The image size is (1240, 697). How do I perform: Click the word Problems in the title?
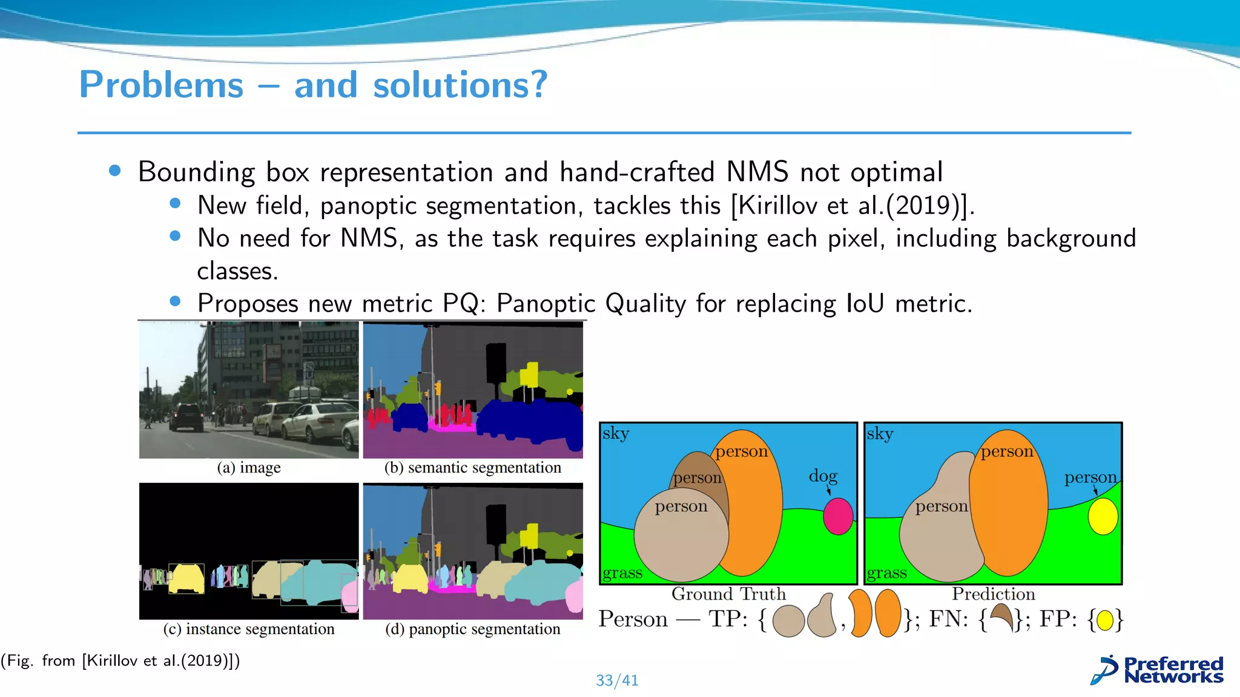161,85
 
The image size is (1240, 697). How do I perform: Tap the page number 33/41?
616,680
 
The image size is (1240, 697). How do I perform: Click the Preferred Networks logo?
1157,670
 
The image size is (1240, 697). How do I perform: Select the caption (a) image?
249,468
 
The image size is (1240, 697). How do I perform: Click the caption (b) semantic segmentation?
472,468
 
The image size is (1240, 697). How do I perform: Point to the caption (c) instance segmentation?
248,629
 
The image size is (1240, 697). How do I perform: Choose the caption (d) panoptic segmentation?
472,629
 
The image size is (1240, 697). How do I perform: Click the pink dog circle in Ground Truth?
838,516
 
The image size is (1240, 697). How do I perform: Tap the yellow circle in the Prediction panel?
1103,516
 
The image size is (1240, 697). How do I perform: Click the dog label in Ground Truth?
823,476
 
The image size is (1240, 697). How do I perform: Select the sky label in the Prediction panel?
879,434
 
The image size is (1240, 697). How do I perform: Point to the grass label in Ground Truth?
622,572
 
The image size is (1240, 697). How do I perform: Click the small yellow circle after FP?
1105,620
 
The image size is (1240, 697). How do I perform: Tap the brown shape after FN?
1002,617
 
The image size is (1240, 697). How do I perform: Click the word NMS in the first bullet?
757,172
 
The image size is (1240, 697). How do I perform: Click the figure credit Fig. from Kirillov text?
120,660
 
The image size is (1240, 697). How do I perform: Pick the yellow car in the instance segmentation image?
186,578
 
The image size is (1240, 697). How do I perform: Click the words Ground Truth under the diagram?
728,594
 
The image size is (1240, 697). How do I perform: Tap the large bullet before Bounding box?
115,171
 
